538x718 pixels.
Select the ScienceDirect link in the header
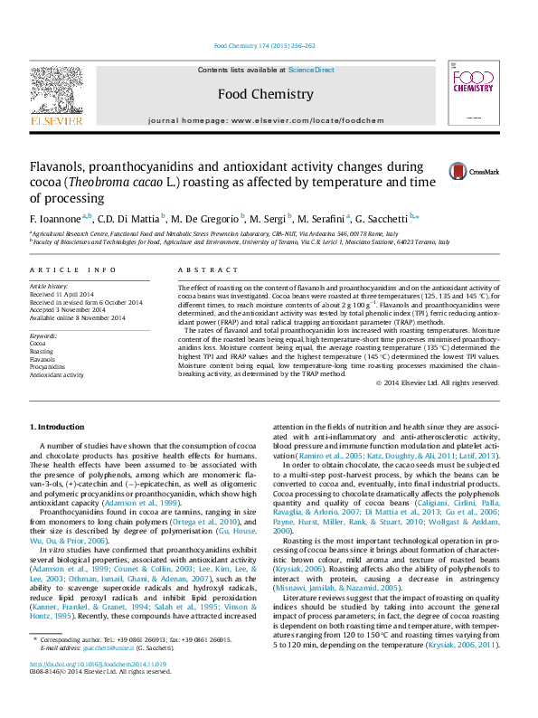[x=311, y=70]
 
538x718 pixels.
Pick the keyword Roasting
[x=42, y=352]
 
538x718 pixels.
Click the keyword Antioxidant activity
[x=56, y=373]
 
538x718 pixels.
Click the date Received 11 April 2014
[x=61, y=295]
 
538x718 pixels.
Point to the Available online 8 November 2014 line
[x=78, y=316]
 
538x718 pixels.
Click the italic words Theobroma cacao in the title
[x=137, y=183]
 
